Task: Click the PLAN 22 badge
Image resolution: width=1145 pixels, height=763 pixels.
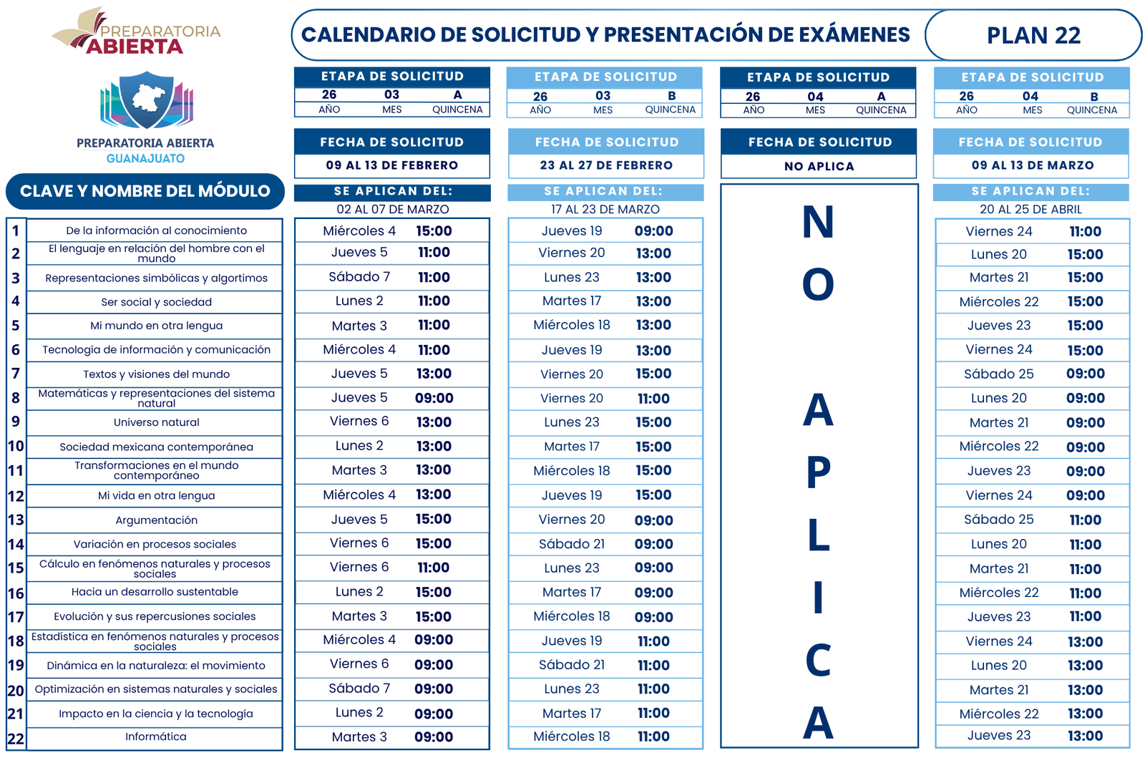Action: click(1033, 35)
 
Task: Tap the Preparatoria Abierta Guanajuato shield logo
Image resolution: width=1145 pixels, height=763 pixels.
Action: click(146, 99)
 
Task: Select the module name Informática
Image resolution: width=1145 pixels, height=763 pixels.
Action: click(156, 737)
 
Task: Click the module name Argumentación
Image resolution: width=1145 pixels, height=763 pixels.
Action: click(156, 520)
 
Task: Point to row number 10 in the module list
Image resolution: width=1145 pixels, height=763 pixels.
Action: click(16, 447)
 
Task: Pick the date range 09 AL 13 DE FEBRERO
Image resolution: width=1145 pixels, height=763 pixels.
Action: click(391, 165)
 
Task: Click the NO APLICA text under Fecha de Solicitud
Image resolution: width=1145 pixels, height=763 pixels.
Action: click(819, 166)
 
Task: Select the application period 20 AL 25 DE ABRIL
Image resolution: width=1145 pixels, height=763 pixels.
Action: click(1030, 209)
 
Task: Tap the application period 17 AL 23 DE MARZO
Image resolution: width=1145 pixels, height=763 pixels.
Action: click(605, 209)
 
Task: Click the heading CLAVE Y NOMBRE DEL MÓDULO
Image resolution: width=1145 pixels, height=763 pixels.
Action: click(145, 191)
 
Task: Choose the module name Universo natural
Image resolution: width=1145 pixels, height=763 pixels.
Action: click(156, 422)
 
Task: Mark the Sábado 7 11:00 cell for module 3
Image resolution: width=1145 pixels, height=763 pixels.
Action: click(391, 277)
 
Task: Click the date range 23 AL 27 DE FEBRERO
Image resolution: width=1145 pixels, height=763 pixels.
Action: click(606, 165)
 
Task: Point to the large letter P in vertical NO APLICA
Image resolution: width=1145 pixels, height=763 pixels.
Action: click(818, 472)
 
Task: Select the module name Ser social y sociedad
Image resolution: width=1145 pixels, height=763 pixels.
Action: click(156, 302)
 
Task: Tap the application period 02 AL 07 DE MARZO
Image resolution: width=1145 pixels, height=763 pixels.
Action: click(392, 209)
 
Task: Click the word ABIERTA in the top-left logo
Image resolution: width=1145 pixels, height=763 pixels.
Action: click(135, 47)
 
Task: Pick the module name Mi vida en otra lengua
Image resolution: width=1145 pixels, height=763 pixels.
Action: click(156, 495)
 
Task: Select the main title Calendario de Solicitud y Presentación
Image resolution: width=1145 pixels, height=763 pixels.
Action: click(605, 34)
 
